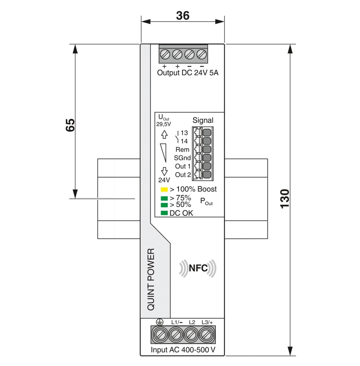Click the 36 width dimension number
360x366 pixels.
(x=183, y=16)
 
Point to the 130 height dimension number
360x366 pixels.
(x=285, y=199)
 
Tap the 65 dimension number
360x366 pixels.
(x=70, y=125)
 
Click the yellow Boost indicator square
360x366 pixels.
(x=164, y=189)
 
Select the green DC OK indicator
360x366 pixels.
(x=164, y=213)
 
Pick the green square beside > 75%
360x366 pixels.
(x=164, y=198)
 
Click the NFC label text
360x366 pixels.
(x=198, y=268)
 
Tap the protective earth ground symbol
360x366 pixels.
(x=160, y=322)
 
